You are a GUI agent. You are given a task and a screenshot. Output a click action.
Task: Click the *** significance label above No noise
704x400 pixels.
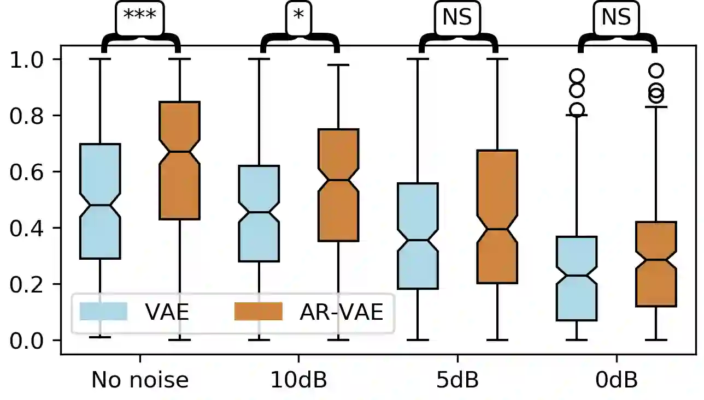click(x=140, y=15)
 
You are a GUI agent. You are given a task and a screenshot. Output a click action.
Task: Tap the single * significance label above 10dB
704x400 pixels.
click(x=298, y=15)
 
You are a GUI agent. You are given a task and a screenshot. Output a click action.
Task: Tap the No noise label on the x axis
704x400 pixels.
click(x=140, y=380)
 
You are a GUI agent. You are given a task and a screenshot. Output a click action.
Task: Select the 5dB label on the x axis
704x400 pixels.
click(x=457, y=380)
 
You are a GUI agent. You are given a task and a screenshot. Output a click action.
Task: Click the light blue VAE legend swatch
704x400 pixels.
click(x=103, y=312)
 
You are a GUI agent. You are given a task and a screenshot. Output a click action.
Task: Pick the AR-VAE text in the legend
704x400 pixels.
click(x=341, y=312)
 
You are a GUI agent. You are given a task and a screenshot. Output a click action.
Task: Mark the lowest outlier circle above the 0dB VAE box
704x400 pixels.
click(x=577, y=110)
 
